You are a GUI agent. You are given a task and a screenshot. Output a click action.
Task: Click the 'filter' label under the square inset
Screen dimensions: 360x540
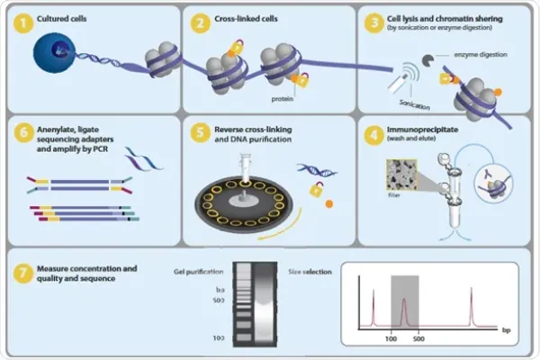coord(394,192)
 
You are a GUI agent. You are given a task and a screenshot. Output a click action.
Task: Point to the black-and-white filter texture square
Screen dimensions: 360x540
coord(400,171)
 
